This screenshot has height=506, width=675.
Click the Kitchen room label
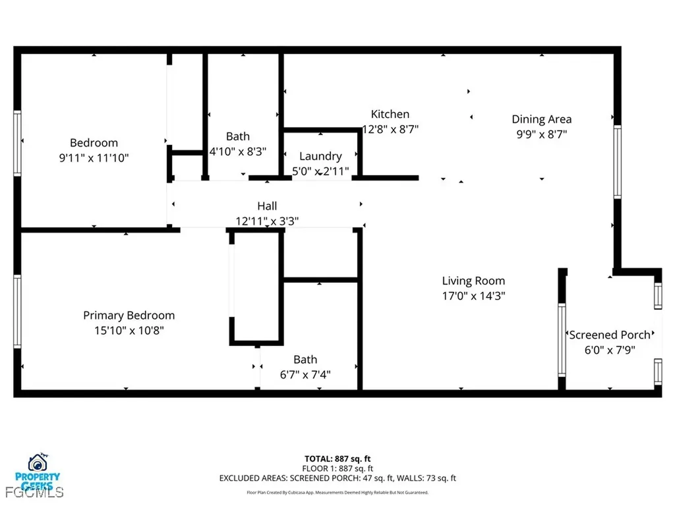click(x=390, y=114)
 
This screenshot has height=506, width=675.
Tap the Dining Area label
click(x=541, y=119)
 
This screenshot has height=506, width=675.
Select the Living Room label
click(x=473, y=281)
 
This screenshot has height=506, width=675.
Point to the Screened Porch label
click(x=610, y=335)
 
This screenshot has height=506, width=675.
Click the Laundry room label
click(x=320, y=156)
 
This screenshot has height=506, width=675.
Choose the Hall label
click(x=267, y=206)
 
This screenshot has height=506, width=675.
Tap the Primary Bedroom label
click(x=129, y=316)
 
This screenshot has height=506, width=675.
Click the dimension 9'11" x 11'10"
click(x=94, y=158)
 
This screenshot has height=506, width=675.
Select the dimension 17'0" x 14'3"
click(x=473, y=296)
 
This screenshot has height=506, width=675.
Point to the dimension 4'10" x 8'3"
click(x=238, y=151)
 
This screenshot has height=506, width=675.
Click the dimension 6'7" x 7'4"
click(x=305, y=375)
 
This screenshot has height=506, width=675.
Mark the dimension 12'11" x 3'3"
click(x=267, y=221)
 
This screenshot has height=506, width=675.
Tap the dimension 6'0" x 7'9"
click(x=610, y=351)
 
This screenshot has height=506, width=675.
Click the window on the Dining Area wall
click(x=617, y=161)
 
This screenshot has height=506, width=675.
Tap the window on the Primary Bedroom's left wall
click(x=17, y=310)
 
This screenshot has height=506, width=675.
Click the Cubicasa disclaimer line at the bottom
click(x=337, y=492)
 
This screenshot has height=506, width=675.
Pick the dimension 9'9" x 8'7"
click(x=541, y=134)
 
